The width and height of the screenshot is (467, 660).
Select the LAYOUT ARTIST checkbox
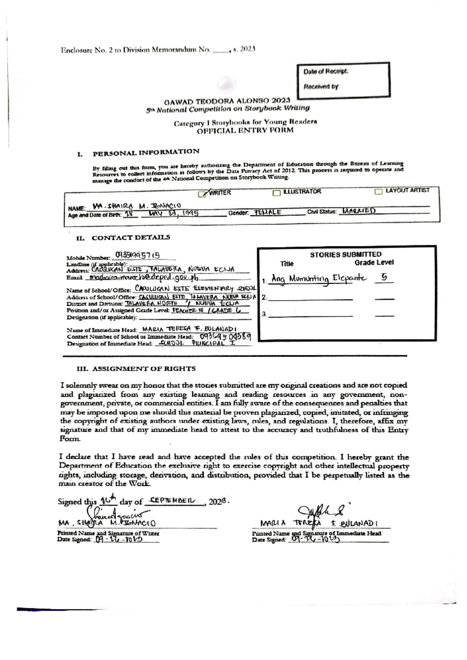click(x=378, y=191)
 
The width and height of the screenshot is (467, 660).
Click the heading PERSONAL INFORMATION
click(x=146, y=152)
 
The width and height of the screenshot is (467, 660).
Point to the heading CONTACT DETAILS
click(x=131, y=237)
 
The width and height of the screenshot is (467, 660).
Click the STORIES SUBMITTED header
click(x=346, y=255)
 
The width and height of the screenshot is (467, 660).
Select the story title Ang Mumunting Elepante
click(x=319, y=279)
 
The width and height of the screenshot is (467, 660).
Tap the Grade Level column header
click(x=374, y=263)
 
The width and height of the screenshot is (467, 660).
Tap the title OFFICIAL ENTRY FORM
click(x=245, y=130)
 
